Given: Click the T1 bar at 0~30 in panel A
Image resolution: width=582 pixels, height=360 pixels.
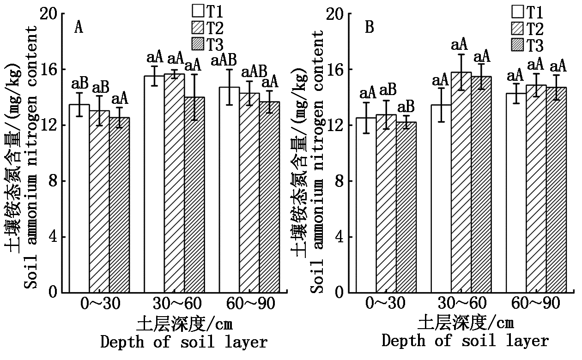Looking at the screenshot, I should click(79, 198).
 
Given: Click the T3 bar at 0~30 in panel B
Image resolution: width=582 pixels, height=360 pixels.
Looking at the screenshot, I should click(406, 207).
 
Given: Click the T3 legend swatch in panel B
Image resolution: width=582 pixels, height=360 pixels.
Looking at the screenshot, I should click(518, 45).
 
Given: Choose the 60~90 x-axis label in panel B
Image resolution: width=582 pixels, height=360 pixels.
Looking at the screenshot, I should click(536, 303).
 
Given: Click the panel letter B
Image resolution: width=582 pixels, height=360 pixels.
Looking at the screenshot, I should click(370, 28).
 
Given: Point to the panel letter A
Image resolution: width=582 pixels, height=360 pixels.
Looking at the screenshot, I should click(79, 28).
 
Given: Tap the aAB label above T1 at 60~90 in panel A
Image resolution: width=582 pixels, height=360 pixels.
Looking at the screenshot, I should click(224, 60).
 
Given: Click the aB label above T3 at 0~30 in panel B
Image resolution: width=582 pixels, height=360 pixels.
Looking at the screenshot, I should click(406, 107).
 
